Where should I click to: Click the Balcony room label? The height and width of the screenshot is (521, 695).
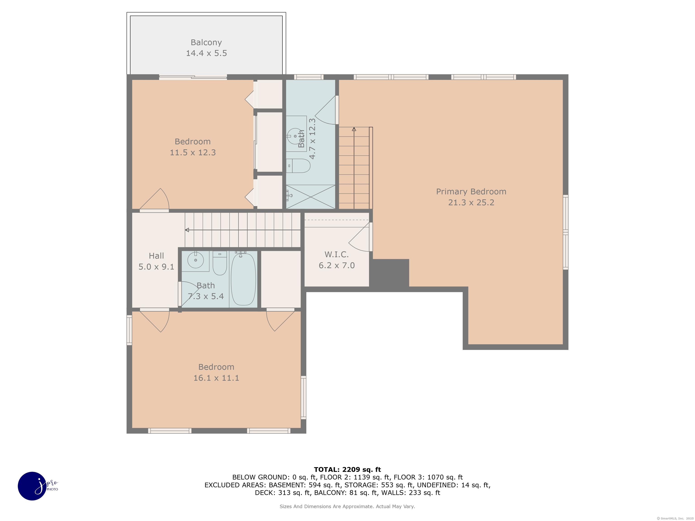coord(206,42)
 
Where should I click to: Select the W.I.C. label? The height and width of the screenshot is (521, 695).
coord(336,254)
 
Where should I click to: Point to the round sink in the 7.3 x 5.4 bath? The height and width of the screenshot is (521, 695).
coord(195,260)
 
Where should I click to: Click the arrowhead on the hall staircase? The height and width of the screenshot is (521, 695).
coord(187,230)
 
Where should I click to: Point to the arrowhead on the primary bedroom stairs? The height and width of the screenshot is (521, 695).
coord(354,129)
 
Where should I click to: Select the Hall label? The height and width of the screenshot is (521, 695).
coord(156,256)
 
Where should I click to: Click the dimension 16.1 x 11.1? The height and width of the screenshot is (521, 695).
coord(216,378)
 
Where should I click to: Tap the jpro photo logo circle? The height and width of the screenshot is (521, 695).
coord(32,486)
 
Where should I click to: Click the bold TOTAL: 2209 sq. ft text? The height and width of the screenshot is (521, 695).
coord(347,469)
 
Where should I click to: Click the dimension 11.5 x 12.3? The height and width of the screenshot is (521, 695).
coord(193,153)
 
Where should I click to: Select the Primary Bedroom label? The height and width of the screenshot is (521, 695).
coord(471,192)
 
